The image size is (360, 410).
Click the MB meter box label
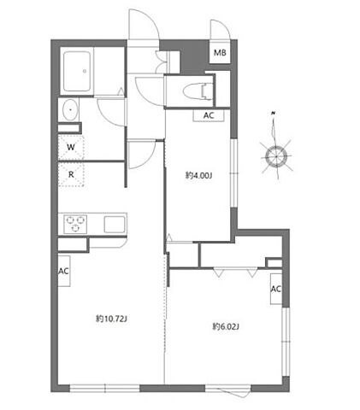220,52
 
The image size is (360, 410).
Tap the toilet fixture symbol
198,91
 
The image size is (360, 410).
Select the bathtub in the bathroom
77,71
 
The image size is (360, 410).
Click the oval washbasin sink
70,109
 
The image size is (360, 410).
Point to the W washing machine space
71,147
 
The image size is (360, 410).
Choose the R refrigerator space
71,174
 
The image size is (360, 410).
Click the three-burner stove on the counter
75,224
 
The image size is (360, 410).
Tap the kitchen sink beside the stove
115,225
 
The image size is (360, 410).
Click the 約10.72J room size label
111,319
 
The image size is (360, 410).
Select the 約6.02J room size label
226,326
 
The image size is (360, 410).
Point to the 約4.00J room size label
198,176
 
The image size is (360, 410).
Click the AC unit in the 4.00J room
209,115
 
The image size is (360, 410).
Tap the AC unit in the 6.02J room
276,289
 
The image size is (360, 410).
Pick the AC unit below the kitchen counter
64,271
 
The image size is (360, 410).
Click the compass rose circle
275,156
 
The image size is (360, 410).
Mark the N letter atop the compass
274,114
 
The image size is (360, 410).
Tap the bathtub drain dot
85,71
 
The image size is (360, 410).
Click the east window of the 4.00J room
233,173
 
